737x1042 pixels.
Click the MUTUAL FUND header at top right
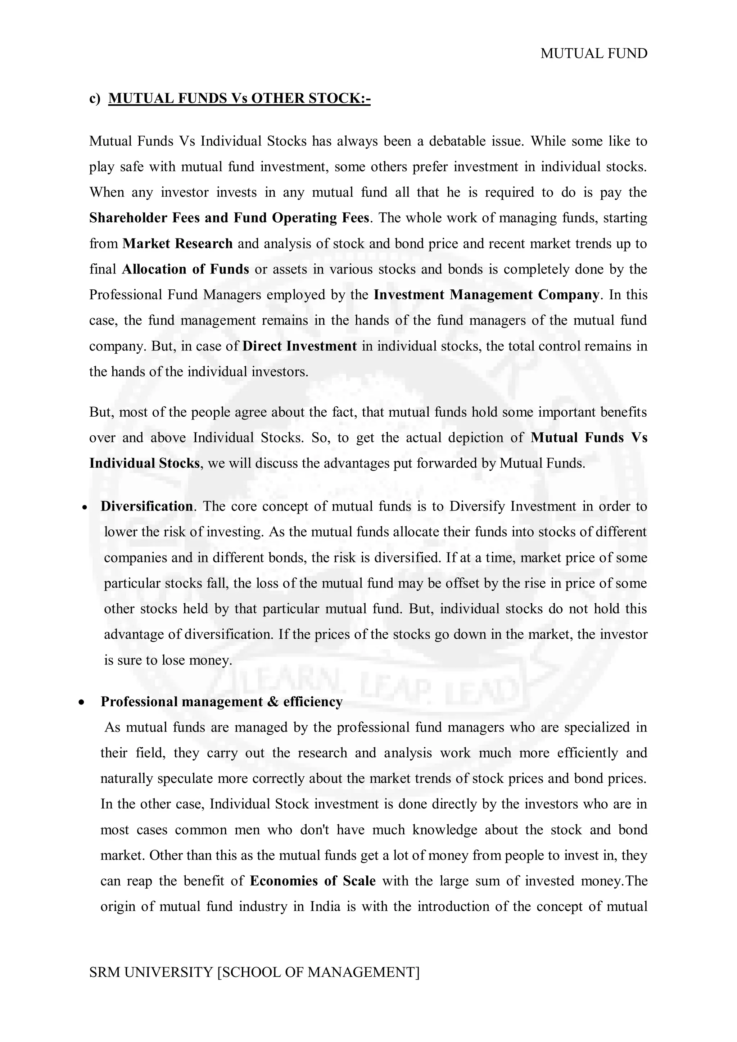pyautogui.click(x=593, y=54)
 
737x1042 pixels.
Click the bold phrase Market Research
pyautogui.click(x=177, y=244)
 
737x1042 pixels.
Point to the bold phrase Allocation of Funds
pyautogui.click(x=185, y=269)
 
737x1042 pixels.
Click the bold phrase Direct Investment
pyautogui.click(x=299, y=346)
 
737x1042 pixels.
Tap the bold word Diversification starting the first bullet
pyautogui.click(x=146, y=506)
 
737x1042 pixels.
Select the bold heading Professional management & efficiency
pyautogui.click(x=221, y=702)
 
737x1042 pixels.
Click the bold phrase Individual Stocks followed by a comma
pyautogui.click(x=144, y=463)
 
